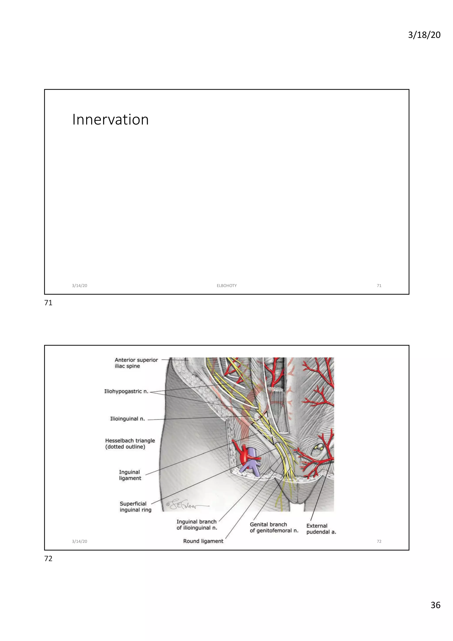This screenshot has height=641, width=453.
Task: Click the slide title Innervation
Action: (x=110, y=120)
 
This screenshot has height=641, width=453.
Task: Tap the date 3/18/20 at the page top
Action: (x=424, y=35)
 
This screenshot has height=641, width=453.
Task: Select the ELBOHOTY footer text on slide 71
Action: (x=226, y=286)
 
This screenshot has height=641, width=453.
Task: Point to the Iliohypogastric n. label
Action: (x=126, y=391)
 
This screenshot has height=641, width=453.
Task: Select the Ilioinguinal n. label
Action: (x=127, y=419)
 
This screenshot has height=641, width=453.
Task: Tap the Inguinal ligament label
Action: (x=130, y=475)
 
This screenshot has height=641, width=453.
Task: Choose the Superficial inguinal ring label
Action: (x=136, y=507)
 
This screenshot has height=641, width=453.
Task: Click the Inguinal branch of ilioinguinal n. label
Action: (x=197, y=525)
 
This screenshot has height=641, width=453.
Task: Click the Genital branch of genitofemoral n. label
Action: (x=274, y=527)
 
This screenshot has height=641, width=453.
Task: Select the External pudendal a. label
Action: (x=321, y=529)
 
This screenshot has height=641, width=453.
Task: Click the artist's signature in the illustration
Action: (x=184, y=506)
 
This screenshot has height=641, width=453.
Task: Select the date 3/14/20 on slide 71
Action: (x=79, y=286)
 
